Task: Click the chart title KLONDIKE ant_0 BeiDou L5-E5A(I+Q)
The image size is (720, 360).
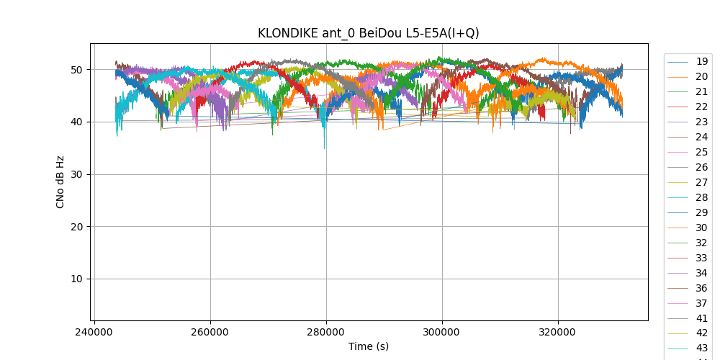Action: point(368,33)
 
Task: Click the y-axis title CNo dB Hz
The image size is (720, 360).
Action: point(60,181)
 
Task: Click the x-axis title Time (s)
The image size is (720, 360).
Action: point(368,346)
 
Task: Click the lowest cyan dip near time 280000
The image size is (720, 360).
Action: point(324,148)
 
